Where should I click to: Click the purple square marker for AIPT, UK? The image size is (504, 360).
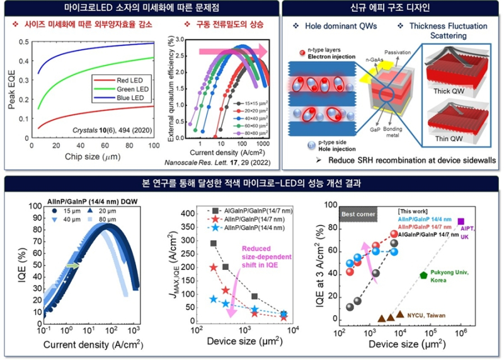point(461,221)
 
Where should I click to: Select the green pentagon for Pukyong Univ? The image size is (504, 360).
point(424,275)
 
